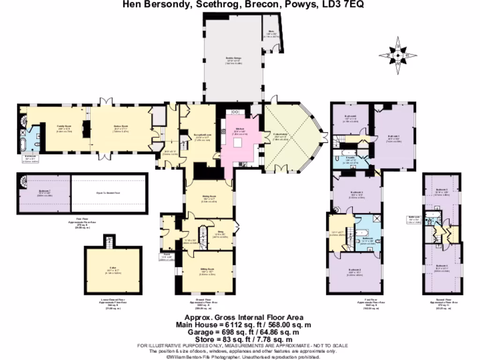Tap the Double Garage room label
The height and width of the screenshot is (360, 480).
click(x=233, y=60)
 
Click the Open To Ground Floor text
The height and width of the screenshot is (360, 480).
click(x=108, y=192)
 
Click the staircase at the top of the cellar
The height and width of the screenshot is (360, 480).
click(x=109, y=241)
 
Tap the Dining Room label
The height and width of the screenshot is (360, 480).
click(x=209, y=196)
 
